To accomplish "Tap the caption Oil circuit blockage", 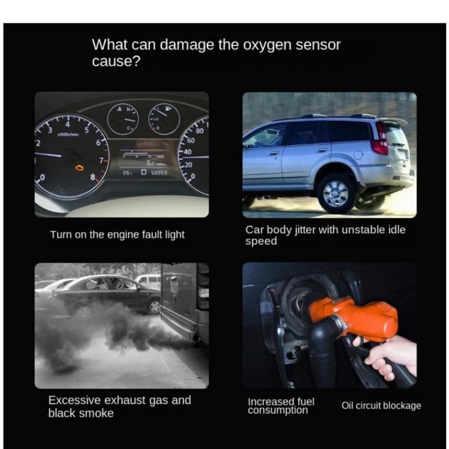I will click(x=381, y=406).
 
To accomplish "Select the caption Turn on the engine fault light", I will click(x=117, y=234).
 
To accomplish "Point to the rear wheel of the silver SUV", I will click(x=336, y=193).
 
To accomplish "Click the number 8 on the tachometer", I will click(x=93, y=177).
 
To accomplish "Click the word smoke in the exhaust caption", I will click(x=97, y=413).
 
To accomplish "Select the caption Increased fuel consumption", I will click(x=281, y=406).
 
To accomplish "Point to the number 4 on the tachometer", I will click(x=68, y=124).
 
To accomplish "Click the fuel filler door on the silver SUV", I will click(x=358, y=155).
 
